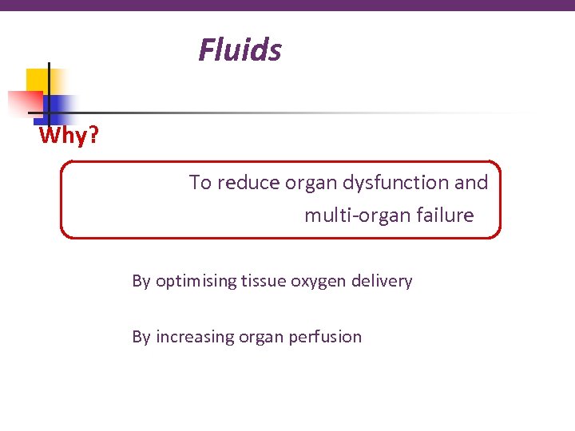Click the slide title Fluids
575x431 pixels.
(240, 50)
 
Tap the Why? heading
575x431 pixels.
(69, 136)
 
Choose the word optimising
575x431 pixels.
(196, 281)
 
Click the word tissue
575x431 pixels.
(263, 281)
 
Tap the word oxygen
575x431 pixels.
(315, 281)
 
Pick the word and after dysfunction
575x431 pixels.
(471, 183)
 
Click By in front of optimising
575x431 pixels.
(141, 281)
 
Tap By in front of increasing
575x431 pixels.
(141, 337)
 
